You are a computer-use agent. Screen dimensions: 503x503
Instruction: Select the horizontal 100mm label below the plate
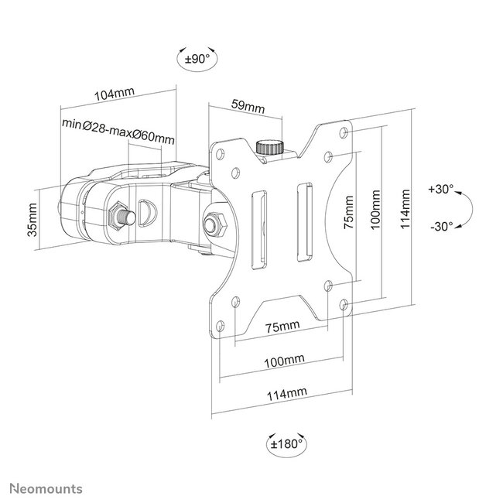click(283, 361)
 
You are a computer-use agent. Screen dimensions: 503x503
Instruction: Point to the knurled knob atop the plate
click(270, 146)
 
